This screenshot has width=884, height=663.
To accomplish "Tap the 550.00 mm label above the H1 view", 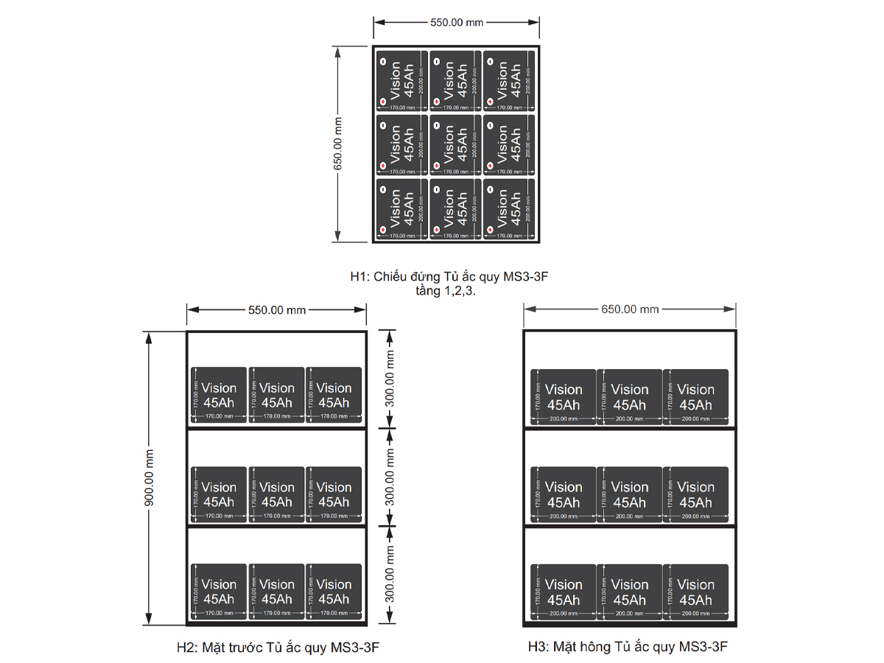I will pyautogui.click(x=457, y=22).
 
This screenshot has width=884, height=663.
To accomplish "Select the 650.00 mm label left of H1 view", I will pyautogui.click(x=338, y=144).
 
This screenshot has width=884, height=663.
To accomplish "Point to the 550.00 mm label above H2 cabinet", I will pyautogui.click(x=276, y=310).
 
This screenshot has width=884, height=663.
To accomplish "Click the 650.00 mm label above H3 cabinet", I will pyautogui.click(x=630, y=309).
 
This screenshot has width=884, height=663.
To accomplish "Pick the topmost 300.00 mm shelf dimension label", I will pyautogui.click(x=390, y=379).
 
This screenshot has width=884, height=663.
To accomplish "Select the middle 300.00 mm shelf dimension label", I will pyautogui.click(x=390, y=477).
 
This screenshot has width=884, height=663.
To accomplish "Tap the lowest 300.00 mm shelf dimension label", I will pyautogui.click(x=390, y=575).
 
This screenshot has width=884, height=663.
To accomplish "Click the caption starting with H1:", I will pyautogui.click(x=449, y=277).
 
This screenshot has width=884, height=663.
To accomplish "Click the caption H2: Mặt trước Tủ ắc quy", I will pyautogui.click(x=278, y=648).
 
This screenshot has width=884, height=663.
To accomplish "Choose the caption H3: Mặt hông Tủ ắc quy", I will pyautogui.click(x=628, y=648).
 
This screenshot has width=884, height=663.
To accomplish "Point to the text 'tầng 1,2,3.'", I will pyautogui.click(x=446, y=290).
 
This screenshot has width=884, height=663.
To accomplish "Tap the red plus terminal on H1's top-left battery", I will pyautogui.click(x=382, y=101).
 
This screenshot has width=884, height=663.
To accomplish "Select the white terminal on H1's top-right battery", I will pyautogui.click(x=490, y=61).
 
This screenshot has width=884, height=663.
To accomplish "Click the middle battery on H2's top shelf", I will pyautogui.click(x=276, y=395).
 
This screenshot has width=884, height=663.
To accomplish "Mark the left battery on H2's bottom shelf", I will pyautogui.click(x=219, y=592).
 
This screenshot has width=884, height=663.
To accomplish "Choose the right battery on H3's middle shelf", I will pyautogui.click(x=695, y=494).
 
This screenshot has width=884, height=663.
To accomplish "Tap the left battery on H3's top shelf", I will pyautogui.click(x=564, y=397).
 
